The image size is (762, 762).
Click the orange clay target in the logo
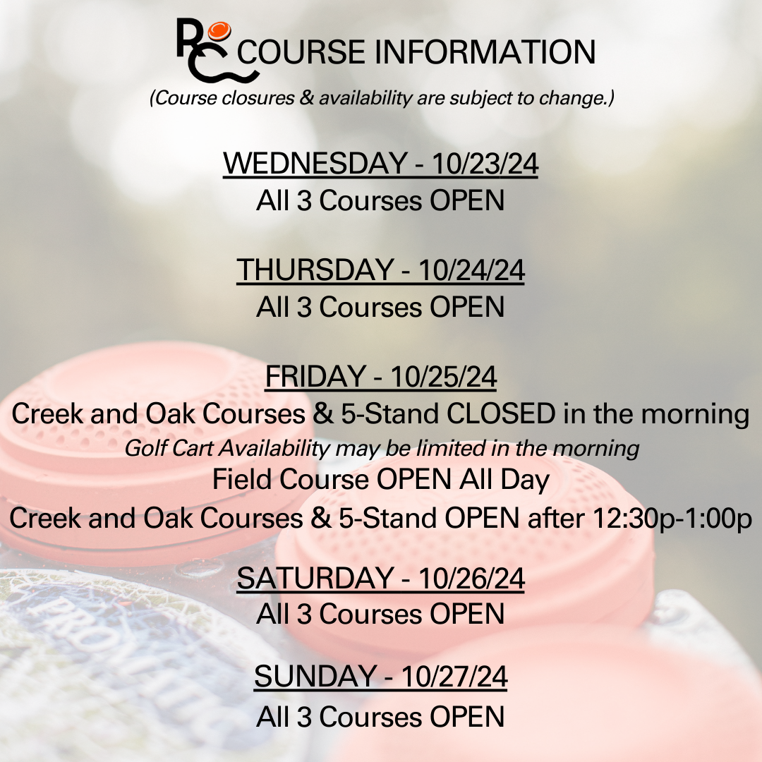[x=219, y=30]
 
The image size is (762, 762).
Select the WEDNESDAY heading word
[x=315, y=163]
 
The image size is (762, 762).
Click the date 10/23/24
[x=485, y=163]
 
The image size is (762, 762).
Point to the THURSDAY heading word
[x=315, y=270]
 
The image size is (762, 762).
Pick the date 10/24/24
[x=471, y=270]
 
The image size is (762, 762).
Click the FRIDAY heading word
[x=315, y=377]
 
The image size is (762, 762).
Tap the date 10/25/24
[x=443, y=377]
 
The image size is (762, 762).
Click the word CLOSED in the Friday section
[x=501, y=414]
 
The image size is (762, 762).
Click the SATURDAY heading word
[x=315, y=579]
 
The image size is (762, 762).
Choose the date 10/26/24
[x=471, y=579]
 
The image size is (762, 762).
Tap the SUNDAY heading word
[x=315, y=677]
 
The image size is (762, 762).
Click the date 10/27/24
[x=454, y=677]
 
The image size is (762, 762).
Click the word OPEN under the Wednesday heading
[x=467, y=200]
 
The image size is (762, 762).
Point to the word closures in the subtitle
[x=258, y=98]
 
